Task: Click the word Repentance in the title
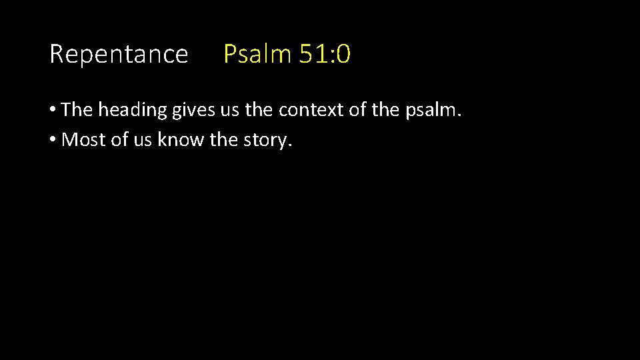119,54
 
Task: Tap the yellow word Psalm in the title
257,54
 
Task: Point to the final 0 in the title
343,54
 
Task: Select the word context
312,110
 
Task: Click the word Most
81,141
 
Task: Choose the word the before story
223,141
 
